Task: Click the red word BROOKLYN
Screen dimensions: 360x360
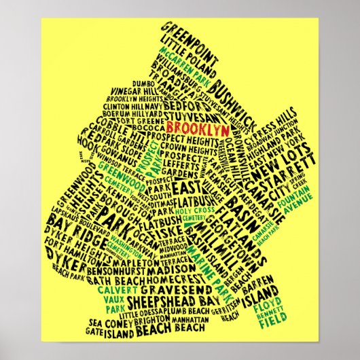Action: click(197, 129)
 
